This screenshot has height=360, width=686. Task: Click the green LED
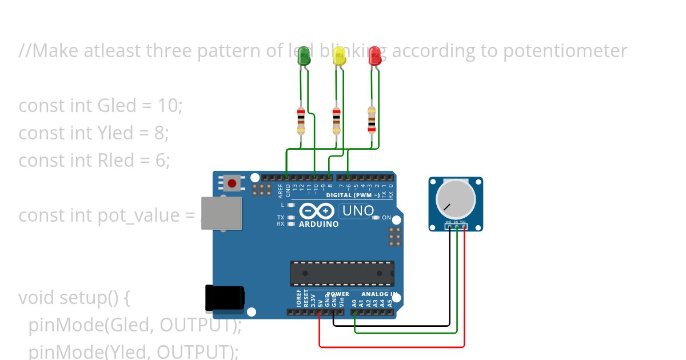click(304, 56)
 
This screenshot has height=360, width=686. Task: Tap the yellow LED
click(339, 57)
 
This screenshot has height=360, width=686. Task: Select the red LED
click(374, 56)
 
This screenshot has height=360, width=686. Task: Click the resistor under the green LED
click(301, 120)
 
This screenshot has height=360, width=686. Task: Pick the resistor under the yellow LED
click(336, 120)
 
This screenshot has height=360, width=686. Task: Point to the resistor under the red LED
click(372, 120)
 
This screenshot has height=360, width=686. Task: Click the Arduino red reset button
click(232, 183)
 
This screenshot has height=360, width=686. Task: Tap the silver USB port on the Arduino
click(222, 213)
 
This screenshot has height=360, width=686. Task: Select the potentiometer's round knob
click(455, 199)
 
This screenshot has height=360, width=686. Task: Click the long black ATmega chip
click(342, 273)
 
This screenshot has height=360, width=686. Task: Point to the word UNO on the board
click(357, 211)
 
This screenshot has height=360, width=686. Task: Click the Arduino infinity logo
click(317, 211)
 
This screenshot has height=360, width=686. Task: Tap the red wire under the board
click(392, 346)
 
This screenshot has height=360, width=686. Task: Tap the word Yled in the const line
click(116, 133)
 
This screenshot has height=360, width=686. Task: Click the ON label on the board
click(386, 218)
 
